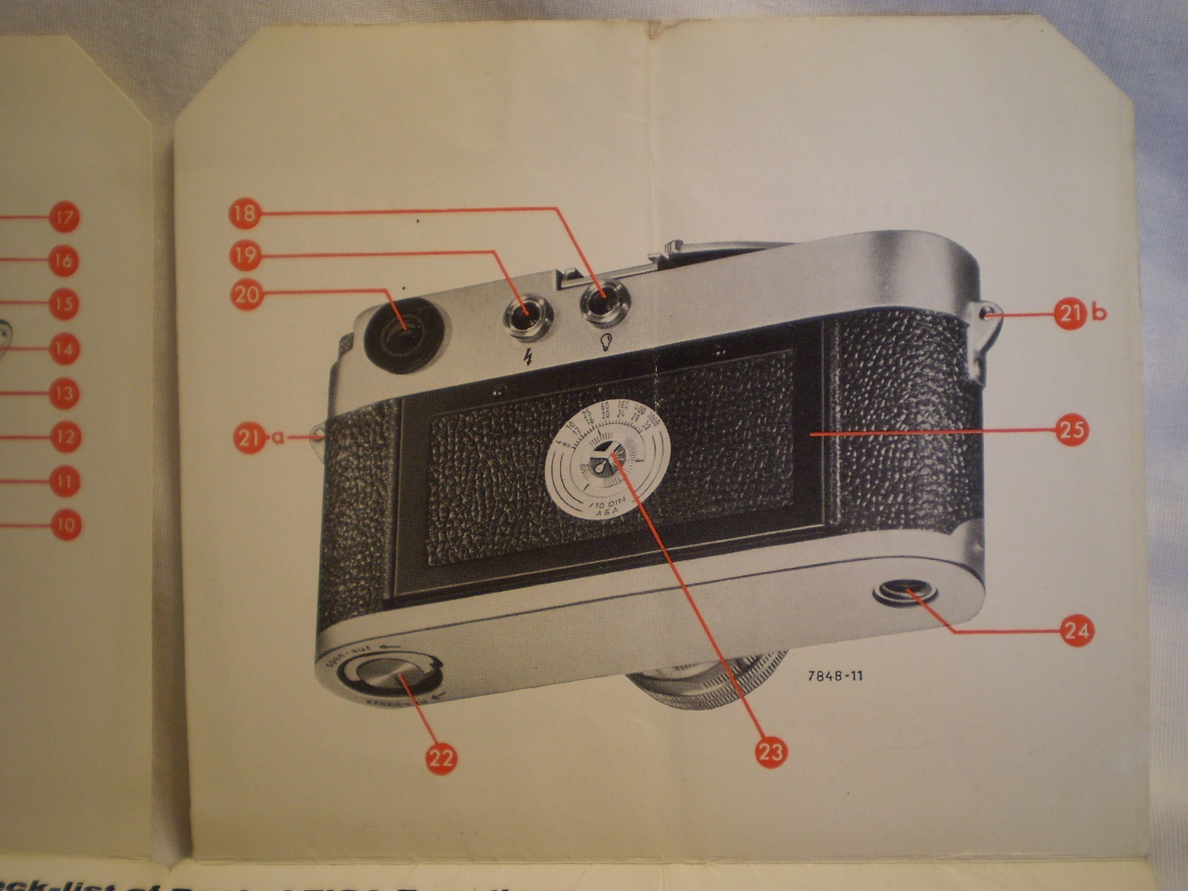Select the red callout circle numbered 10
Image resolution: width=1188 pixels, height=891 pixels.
(65, 524)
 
